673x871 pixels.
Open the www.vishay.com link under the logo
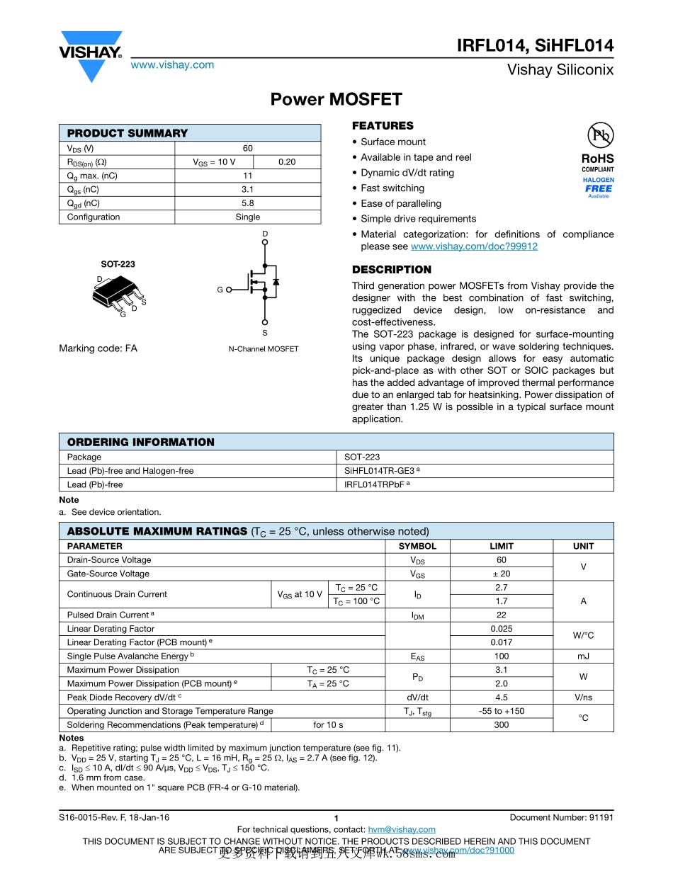pos(172,65)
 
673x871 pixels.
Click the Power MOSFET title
pos(336,99)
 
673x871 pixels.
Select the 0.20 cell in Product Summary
pos(287,162)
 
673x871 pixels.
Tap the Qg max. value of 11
pos(247,176)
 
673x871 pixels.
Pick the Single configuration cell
pos(247,217)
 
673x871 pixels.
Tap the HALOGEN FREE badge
pos(599,188)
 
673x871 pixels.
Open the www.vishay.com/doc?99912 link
pos(474,246)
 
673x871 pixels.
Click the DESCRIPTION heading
pos(392,270)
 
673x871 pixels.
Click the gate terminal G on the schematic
pos(220,290)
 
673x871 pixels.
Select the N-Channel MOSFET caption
pos(264,349)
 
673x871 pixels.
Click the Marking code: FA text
pos(98,348)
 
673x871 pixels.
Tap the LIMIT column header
pos(501,546)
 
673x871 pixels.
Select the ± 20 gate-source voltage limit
pos(501,574)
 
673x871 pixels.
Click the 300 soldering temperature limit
pos(501,725)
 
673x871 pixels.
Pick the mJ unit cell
pos(583,656)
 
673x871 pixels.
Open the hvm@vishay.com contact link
pos(402,829)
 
